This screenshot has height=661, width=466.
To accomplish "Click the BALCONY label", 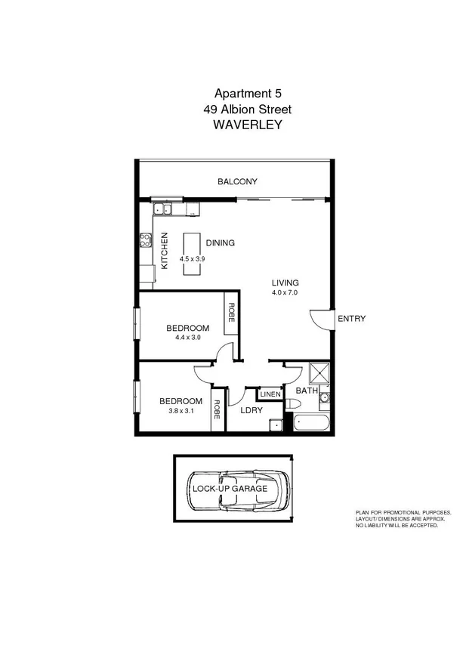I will click(x=237, y=181).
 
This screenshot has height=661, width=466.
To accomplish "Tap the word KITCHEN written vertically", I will click(x=164, y=251).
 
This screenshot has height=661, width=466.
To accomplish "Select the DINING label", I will click(x=220, y=243).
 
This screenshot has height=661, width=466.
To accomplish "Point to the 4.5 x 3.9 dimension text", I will click(x=192, y=258).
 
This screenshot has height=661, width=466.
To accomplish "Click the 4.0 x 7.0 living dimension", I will click(x=285, y=292).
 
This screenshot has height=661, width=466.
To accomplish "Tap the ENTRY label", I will click(x=351, y=319).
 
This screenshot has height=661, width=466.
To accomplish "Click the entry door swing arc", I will click(x=320, y=320).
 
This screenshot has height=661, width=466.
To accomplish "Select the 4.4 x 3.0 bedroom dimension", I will click(x=187, y=338).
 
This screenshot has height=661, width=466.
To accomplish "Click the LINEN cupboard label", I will click(x=270, y=394).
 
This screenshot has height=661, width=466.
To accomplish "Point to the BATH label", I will click(x=306, y=391).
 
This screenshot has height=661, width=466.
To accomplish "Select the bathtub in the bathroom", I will click(x=311, y=423).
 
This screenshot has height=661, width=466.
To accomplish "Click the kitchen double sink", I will click(x=162, y=208).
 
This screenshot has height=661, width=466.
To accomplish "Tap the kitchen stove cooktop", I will click(x=145, y=241).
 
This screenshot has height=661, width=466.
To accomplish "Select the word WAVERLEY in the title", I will click(x=248, y=125).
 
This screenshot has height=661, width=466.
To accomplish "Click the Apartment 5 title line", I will click(x=248, y=94).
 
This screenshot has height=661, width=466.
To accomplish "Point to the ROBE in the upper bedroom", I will click(x=231, y=313).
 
